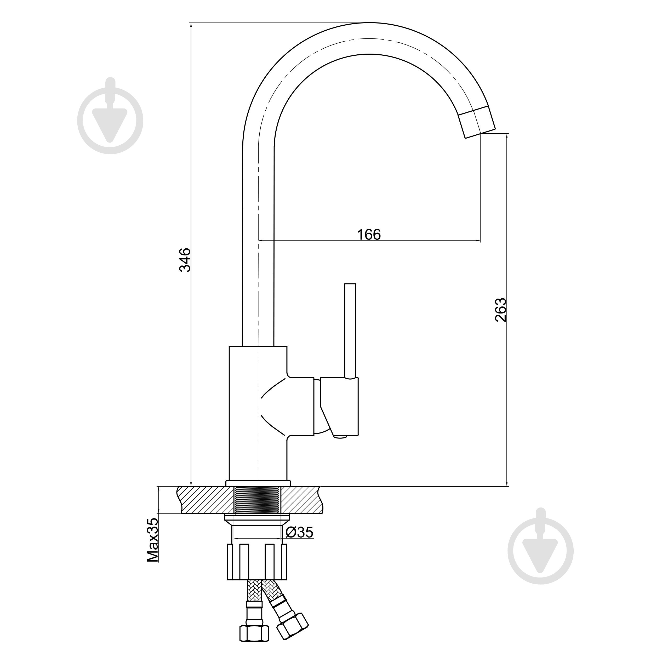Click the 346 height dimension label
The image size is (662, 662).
(185, 259)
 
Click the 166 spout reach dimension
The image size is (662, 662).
(369, 235)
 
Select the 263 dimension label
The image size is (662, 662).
(501, 310)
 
